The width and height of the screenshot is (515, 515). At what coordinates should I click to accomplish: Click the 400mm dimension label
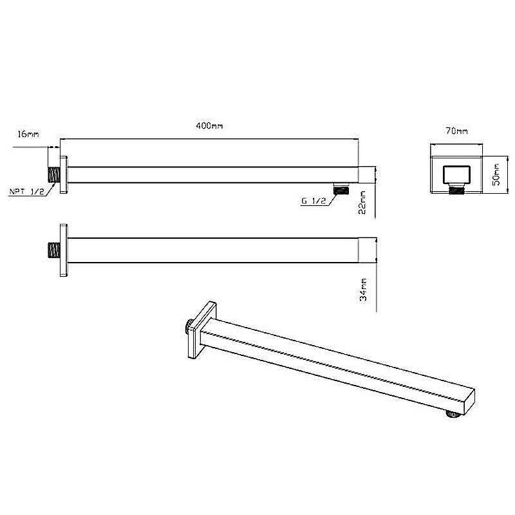click(x=209, y=126)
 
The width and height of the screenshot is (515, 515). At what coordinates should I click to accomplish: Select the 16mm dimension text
click(x=28, y=134)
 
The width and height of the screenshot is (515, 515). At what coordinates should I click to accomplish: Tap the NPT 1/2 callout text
click(x=26, y=191)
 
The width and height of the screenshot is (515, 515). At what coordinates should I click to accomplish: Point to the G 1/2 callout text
click(x=314, y=201)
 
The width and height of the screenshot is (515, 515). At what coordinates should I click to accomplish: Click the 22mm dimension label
click(x=362, y=202)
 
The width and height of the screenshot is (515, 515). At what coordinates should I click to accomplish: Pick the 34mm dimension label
click(x=363, y=290)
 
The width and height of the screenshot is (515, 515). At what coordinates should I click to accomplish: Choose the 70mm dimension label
click(x=456, y=131)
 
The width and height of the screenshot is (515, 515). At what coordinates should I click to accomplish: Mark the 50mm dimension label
click(x=496, y=174)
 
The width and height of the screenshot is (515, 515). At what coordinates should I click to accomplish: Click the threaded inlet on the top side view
click(x=54, y=174)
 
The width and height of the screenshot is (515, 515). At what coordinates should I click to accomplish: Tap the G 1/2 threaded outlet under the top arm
click(x=341, y=189)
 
